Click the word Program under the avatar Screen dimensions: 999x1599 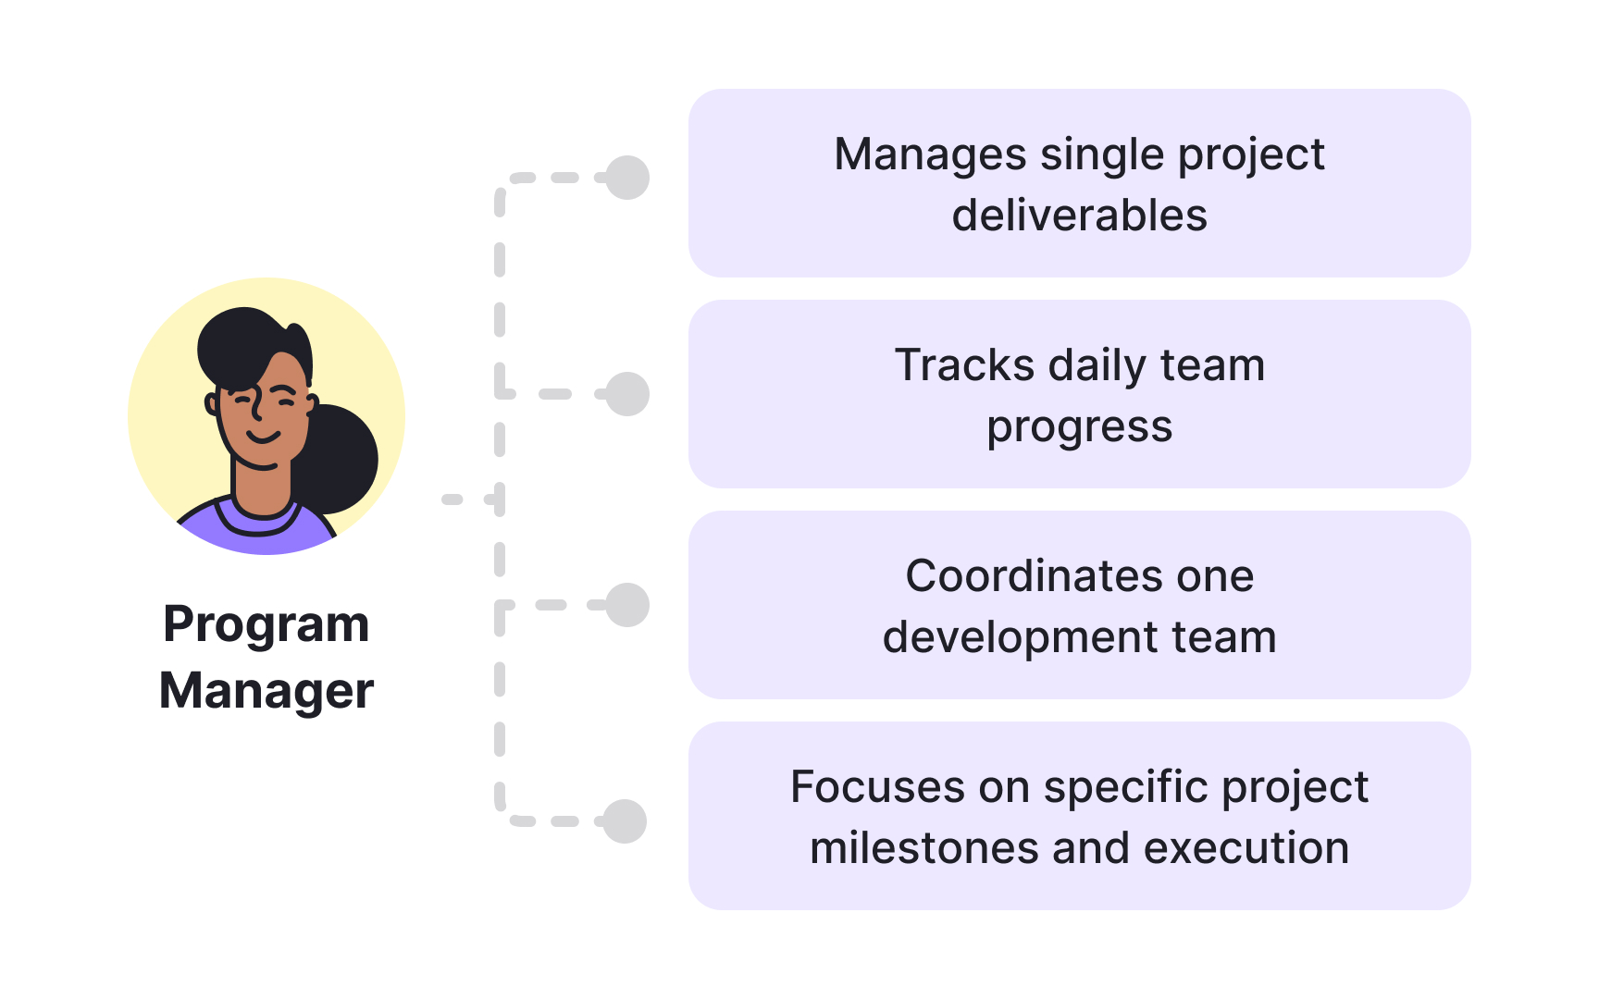click(x=266, y=625)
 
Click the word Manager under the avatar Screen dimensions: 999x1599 click(x=266, y=691)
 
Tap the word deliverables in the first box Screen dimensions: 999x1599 click(x=1079, y=216)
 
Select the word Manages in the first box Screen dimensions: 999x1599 click(x=930, y=155)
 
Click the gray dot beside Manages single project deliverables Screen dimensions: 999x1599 click(x=627, y=178)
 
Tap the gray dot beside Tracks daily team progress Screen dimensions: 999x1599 click(x=627, y=394)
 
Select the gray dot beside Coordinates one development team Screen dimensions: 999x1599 click(x=627, y=605)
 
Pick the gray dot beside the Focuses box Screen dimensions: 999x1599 click(x=625, y=821)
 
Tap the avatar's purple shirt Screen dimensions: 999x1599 click(x=259, y=535)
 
